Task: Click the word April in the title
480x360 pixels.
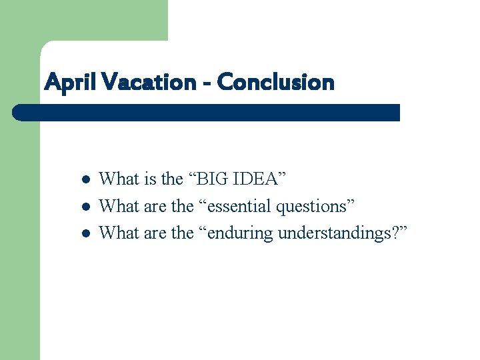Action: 65,83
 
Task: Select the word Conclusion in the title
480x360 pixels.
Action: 275,83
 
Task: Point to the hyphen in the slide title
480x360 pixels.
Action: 207,84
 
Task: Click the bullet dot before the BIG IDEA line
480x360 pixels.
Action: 85,180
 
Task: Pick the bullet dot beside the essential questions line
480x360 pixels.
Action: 85,207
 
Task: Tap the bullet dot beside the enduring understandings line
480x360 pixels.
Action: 85,233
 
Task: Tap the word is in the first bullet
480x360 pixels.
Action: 150,179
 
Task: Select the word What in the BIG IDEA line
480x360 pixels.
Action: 119,179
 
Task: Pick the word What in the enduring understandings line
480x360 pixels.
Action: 119,233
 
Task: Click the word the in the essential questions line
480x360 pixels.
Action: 182,206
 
